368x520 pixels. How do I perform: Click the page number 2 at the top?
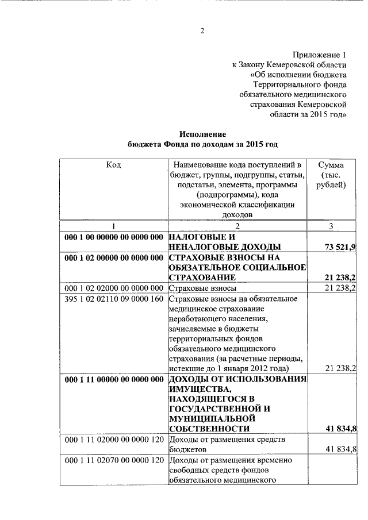(202, 31)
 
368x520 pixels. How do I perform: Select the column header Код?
(113, 165)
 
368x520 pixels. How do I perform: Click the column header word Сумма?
(331, 165)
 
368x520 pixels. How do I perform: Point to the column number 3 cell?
(331, 226)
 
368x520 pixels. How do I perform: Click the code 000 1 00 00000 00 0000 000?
(114, 237)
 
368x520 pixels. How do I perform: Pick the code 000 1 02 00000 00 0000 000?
(114, 257)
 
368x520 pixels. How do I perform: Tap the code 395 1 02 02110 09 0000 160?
(114, 298)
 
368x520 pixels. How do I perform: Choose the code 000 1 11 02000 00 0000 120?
(114, 440)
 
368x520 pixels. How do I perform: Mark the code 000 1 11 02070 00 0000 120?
(114, 460)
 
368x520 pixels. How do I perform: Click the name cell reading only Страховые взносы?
(200, 288)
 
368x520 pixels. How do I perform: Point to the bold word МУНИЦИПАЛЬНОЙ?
(212, 419)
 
